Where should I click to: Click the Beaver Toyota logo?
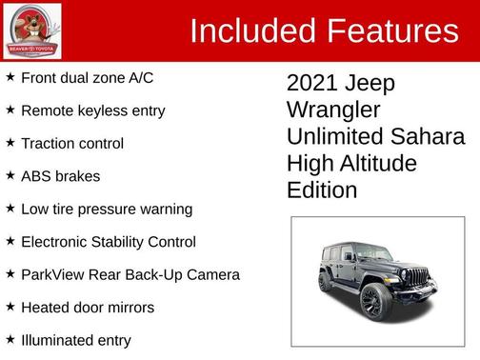31,30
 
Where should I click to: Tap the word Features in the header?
390,30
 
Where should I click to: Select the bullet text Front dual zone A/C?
87,78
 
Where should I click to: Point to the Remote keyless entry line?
92,110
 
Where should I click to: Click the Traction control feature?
72,144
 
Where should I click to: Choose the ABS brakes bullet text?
60,176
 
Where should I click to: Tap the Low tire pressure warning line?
107,209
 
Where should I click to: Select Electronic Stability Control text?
109,242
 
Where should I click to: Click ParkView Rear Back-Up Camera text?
130,274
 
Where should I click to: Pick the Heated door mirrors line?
88,308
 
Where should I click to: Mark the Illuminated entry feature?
76,340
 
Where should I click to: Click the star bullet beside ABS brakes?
10,175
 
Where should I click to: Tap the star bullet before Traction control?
10,142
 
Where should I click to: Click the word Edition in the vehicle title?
322,190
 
